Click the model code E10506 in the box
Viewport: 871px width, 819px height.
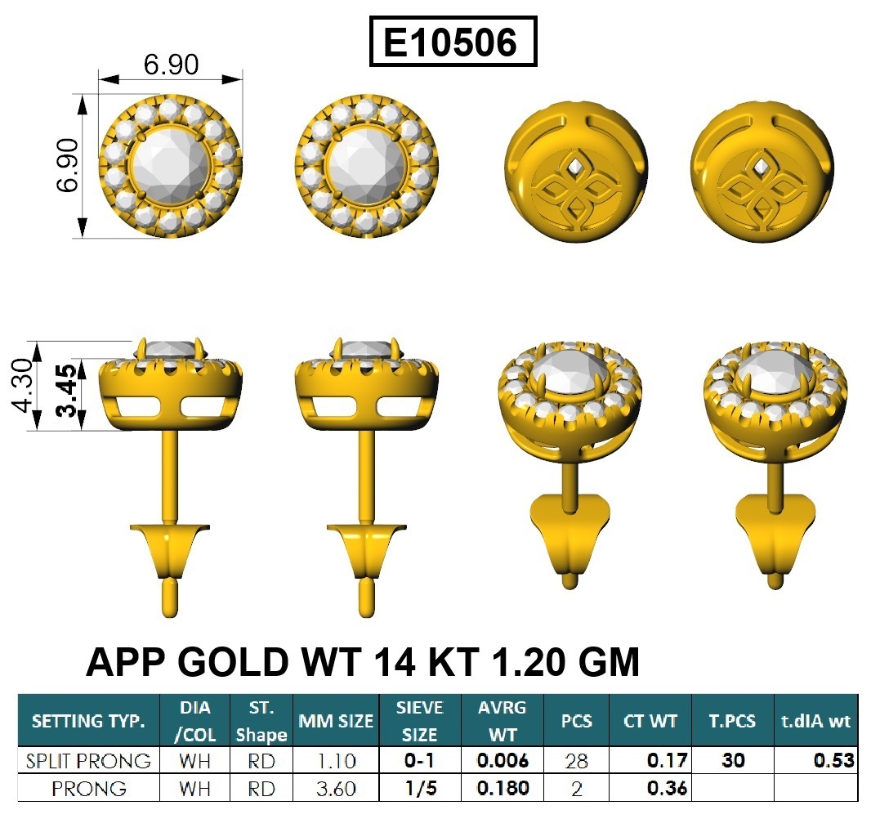pyautogui.click(x=450, y=43)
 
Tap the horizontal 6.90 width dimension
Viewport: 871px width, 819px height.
pyautogui.click(x=171, y=65)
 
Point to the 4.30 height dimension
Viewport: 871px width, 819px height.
pyautogui.click(x=23, y=385)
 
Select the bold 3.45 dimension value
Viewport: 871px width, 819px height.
pyautogui.click(x=67, y=391)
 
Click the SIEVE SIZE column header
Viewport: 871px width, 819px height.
pyautogui.click(x=419, y=721)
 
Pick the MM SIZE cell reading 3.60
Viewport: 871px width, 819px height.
pyautogui.click(x=336, y=789)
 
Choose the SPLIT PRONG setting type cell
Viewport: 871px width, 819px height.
pyautogui.click(x=88, y=761)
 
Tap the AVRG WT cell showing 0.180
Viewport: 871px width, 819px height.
pyautogui.click(x=502, y=788)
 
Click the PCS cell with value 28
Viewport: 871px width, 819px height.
pyautogui.click(x=576, y=761)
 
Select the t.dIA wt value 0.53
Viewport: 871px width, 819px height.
pyautogui.click(x=833, y=760)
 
